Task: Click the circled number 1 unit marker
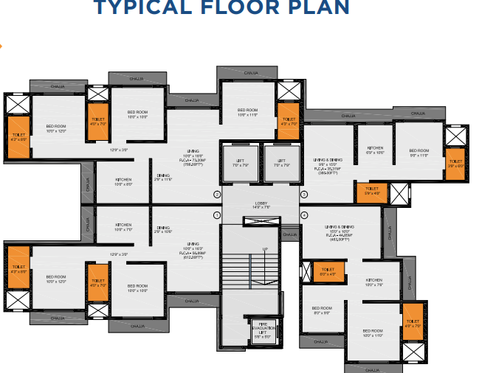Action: point(217,215)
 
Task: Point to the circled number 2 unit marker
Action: point(217,195)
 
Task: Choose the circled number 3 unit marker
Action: point(303,195)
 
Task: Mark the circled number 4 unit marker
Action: point(303,215)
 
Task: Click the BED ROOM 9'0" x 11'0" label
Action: point(418,153)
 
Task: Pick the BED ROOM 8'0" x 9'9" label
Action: point(322,310)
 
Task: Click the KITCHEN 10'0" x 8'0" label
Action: point(123,182)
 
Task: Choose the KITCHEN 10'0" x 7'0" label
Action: point(123,227)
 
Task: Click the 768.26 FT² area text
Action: point(193,164)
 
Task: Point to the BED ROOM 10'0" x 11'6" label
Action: point(247,113)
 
